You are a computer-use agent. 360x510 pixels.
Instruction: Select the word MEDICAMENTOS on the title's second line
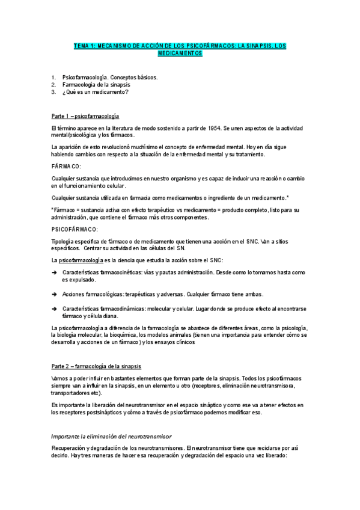180,54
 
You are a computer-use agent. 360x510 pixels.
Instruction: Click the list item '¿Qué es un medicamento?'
94,92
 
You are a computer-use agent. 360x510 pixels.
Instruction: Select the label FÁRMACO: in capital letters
67,165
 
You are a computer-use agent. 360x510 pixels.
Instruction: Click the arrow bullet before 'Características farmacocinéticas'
54,272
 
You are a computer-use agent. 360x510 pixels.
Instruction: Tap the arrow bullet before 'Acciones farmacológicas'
54,294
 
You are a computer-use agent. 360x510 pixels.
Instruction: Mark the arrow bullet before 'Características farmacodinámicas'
54,309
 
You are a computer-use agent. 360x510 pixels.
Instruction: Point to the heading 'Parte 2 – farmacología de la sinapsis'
97,366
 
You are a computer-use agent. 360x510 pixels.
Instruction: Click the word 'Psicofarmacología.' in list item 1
86,78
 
